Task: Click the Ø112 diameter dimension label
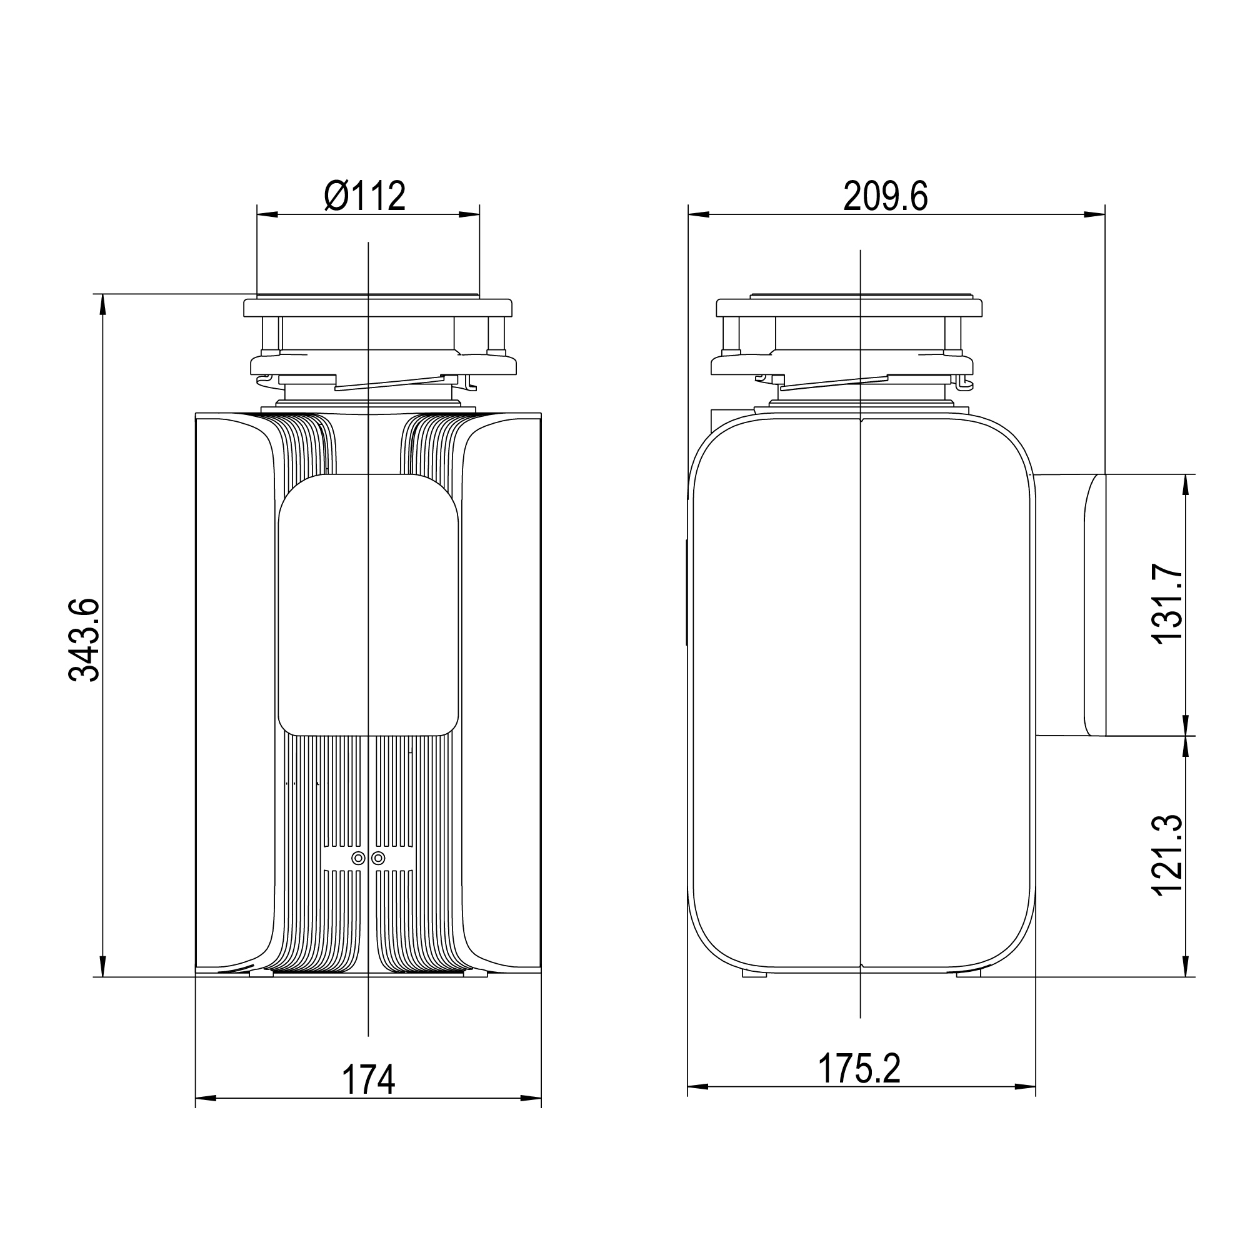(x=365, y=196)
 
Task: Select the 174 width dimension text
(x=368, y=1080)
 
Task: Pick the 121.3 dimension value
(x=1168, y=854)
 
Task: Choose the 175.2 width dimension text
(x=859, y=1068)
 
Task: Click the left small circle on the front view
(x=357, y=858)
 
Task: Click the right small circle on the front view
(x=379, y=858)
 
